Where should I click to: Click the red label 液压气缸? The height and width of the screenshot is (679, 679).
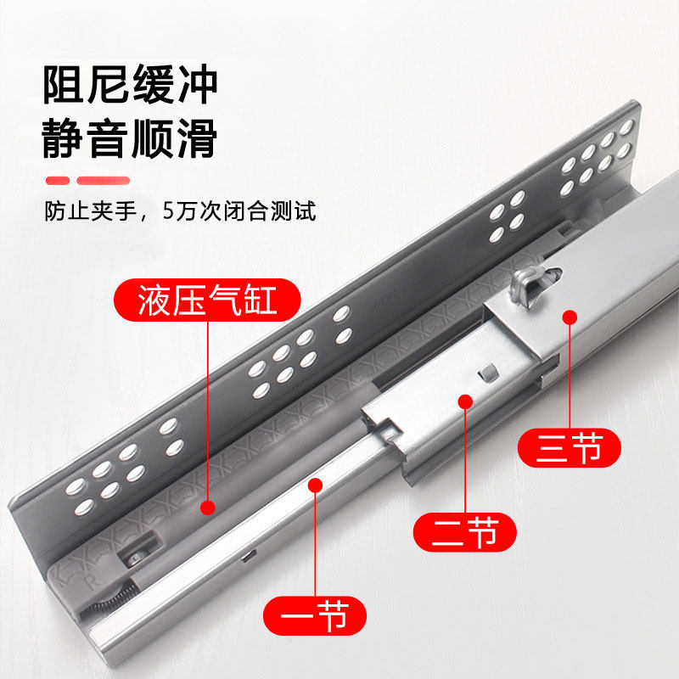pos(207,300)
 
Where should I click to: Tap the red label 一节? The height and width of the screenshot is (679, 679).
pos(314,615)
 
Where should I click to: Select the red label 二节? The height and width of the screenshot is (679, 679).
pos(464,532)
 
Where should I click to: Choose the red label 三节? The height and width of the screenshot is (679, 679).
pos(569,447)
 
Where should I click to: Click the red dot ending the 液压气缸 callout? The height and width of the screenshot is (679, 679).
pos(208,508)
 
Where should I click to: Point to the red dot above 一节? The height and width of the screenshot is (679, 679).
pos(315,485)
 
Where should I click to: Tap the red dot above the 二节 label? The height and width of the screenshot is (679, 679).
pos(465,401)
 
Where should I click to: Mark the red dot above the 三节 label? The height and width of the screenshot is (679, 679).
pos(570,317)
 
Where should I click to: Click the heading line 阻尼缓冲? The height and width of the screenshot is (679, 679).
pos(130,84)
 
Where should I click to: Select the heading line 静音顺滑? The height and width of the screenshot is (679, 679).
pos(130,138)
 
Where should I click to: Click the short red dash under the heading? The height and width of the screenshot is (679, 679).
pos(58,181)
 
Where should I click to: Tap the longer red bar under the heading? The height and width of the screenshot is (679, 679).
pos(104,181)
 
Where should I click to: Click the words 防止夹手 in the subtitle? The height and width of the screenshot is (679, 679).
pos(91,210)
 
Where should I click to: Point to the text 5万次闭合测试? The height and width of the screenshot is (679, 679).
pos(239,210)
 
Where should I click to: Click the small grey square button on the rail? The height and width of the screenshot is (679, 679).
pos(487,372)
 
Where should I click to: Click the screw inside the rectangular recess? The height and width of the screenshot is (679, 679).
pos(135,558)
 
